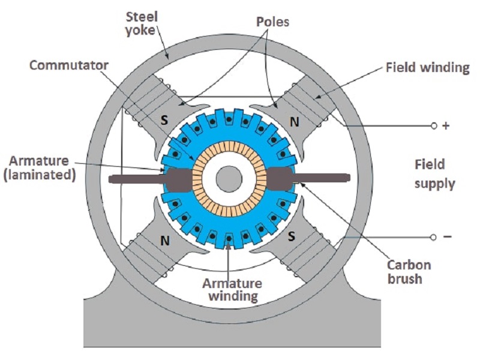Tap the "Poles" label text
(273, 22)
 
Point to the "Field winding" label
(428, 67)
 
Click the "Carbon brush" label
(409, 271)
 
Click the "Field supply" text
(430, 173)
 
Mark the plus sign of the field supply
(446, 127)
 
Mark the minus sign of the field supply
(447, 237)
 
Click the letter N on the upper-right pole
(295, 121)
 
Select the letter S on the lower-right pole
(292, 236)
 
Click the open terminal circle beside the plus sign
(434, 126)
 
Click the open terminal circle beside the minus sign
(434, 238)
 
